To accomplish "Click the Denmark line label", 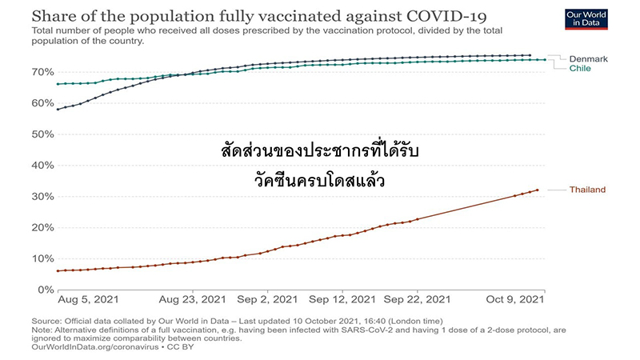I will (x=589, y=58).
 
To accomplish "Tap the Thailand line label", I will (x=587, y=190).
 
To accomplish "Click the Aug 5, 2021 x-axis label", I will (x=88, y=300).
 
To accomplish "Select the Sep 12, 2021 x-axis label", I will (x=341, y=300).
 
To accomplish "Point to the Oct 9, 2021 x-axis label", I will (x=516, y=300).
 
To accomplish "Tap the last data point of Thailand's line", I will (x=537, y=190).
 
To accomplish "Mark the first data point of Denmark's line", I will (x=58, y=109).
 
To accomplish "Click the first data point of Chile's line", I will (x=58, y=84).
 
